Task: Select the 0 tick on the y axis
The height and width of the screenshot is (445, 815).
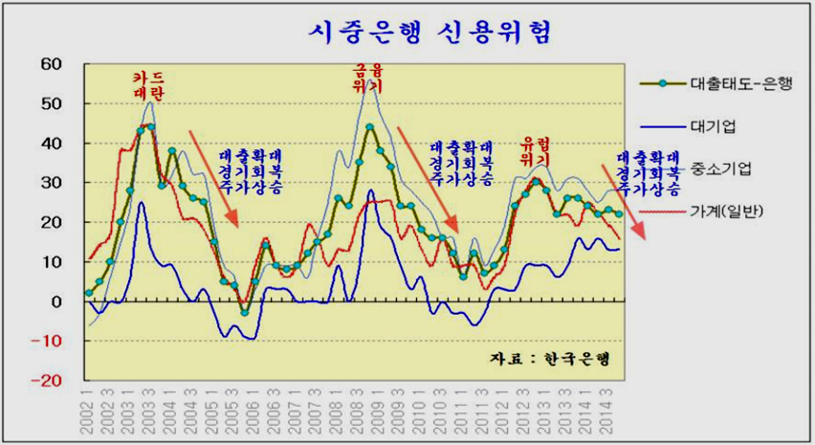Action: coord(56,300)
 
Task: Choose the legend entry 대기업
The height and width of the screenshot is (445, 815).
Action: coord(713,125)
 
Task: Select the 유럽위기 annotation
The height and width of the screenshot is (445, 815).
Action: coord(536,151)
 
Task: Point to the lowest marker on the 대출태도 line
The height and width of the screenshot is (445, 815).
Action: coord(244,312)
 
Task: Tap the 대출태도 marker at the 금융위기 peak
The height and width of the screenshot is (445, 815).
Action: coord(369,126)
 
